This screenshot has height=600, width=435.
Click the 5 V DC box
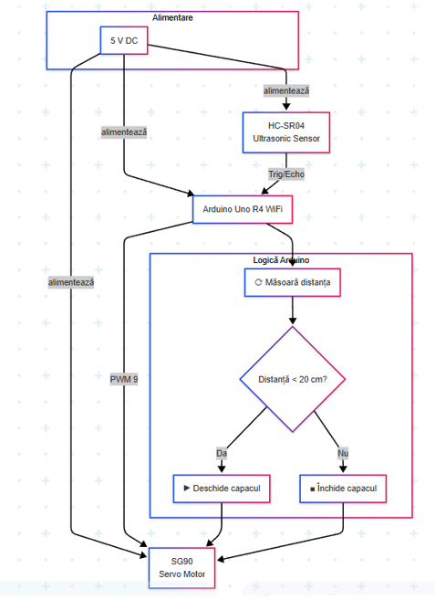point(124,40)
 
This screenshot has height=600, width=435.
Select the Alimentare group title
point(173,17)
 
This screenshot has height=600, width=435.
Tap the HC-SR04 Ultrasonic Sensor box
point(286,132)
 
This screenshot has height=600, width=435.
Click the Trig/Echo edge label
point(286,174)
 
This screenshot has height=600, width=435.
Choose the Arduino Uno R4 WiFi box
point(242,208)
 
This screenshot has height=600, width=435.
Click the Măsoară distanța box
point(292,283)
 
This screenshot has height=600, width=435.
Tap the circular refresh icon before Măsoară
point(258,283)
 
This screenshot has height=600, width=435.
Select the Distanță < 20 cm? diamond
point(292,378)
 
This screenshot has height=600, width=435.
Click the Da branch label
point(221,453)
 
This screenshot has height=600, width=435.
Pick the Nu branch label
point(343,453)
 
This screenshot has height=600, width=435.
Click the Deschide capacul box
point(222,489)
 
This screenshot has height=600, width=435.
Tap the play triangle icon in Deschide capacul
point(187,489)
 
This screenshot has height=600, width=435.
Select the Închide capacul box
point(343,489)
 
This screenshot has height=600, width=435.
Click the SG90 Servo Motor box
point(181,567)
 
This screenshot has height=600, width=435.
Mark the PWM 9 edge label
point(124,379)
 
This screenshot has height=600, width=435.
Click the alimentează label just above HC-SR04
point(286,91)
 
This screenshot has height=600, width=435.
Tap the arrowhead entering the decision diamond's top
point(292,321)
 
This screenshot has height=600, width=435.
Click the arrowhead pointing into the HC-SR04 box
point(286,107)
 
